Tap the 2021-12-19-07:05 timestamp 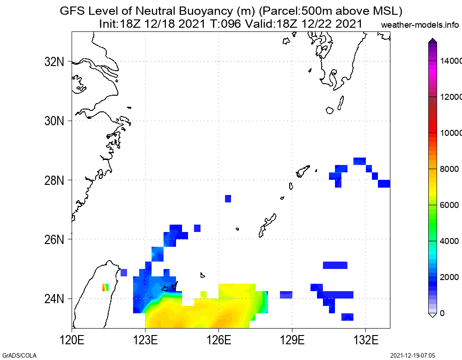413,355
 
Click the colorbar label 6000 449,205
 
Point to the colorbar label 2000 449,277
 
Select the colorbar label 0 442,313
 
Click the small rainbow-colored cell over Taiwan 105,287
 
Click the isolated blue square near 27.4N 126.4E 228,199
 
